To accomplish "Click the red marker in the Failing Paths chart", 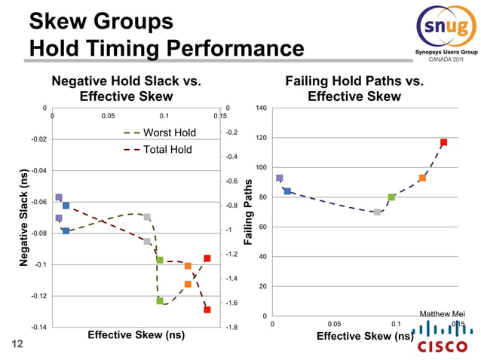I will coord(443,142).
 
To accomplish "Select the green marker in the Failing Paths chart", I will coord(391,197).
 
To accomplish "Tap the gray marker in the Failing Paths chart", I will coord(377,212).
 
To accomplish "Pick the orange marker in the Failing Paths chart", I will coord(422,178).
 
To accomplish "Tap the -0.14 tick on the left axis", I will coord(37,328).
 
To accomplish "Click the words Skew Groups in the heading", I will coord(102,22).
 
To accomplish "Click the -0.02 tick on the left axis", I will coord(37,139).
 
